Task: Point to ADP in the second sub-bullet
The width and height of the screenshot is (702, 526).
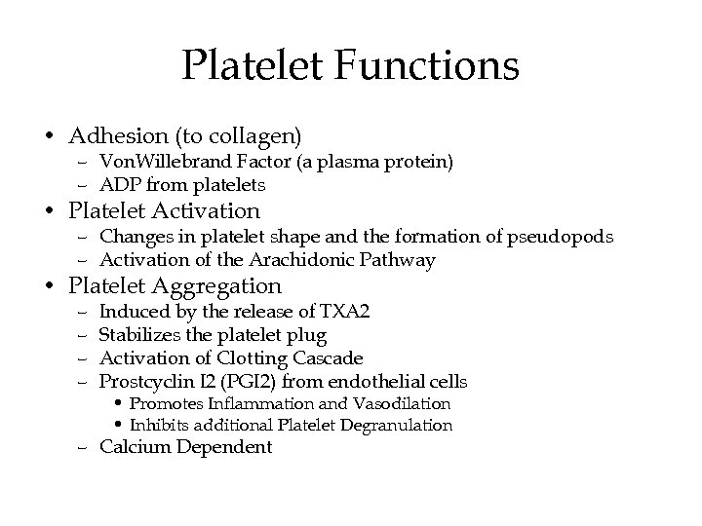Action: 119,184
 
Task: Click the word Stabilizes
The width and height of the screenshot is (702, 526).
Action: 136,334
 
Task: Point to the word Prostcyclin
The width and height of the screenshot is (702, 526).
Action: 142,381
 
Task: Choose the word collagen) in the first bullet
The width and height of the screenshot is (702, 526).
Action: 264,132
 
